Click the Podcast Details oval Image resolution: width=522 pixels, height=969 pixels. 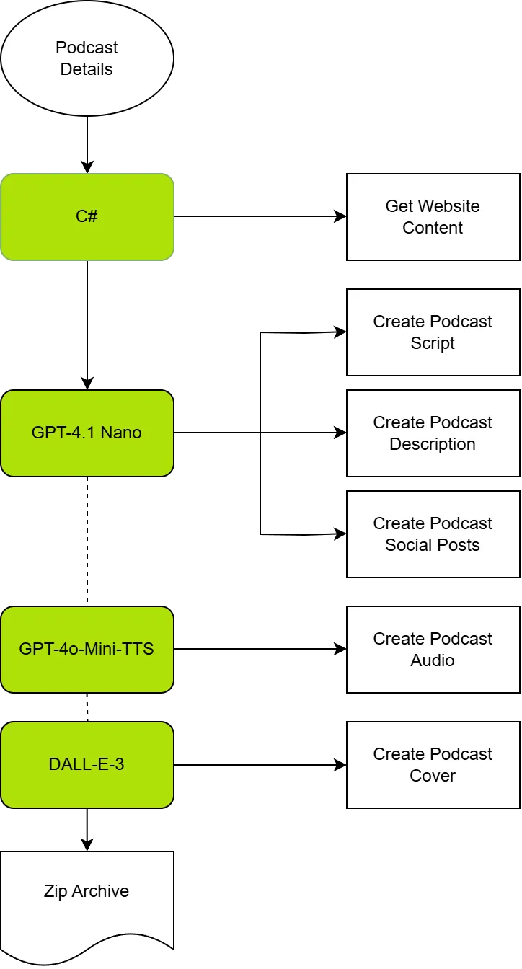pos(87,58)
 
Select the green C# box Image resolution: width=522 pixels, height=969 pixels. pos(87,216)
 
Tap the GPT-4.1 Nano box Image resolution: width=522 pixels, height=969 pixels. pos(87,433)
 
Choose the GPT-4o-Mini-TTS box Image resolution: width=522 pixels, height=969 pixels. pos(87,649)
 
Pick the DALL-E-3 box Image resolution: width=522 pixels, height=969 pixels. pos(87,764)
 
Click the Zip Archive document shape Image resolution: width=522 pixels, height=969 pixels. pos(87,894)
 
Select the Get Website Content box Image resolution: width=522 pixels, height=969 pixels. pos(433,216)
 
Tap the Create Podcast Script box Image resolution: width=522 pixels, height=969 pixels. pos(433,332)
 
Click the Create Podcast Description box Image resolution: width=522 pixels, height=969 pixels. pos(433,433)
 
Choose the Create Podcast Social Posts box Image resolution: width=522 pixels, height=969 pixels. pos(433,534)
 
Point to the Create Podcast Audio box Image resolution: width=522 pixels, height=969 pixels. pos(433,649)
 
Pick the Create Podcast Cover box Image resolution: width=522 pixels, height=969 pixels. pos(433,764)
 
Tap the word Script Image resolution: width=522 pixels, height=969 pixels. pos(433,343)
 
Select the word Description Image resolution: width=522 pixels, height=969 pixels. pos(433,444)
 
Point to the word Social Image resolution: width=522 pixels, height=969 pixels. pos(408,545)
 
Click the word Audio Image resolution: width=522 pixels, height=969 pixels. pos(433,660)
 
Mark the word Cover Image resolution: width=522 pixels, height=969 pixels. pos(433,776)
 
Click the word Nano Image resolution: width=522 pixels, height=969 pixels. pos(121,433)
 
